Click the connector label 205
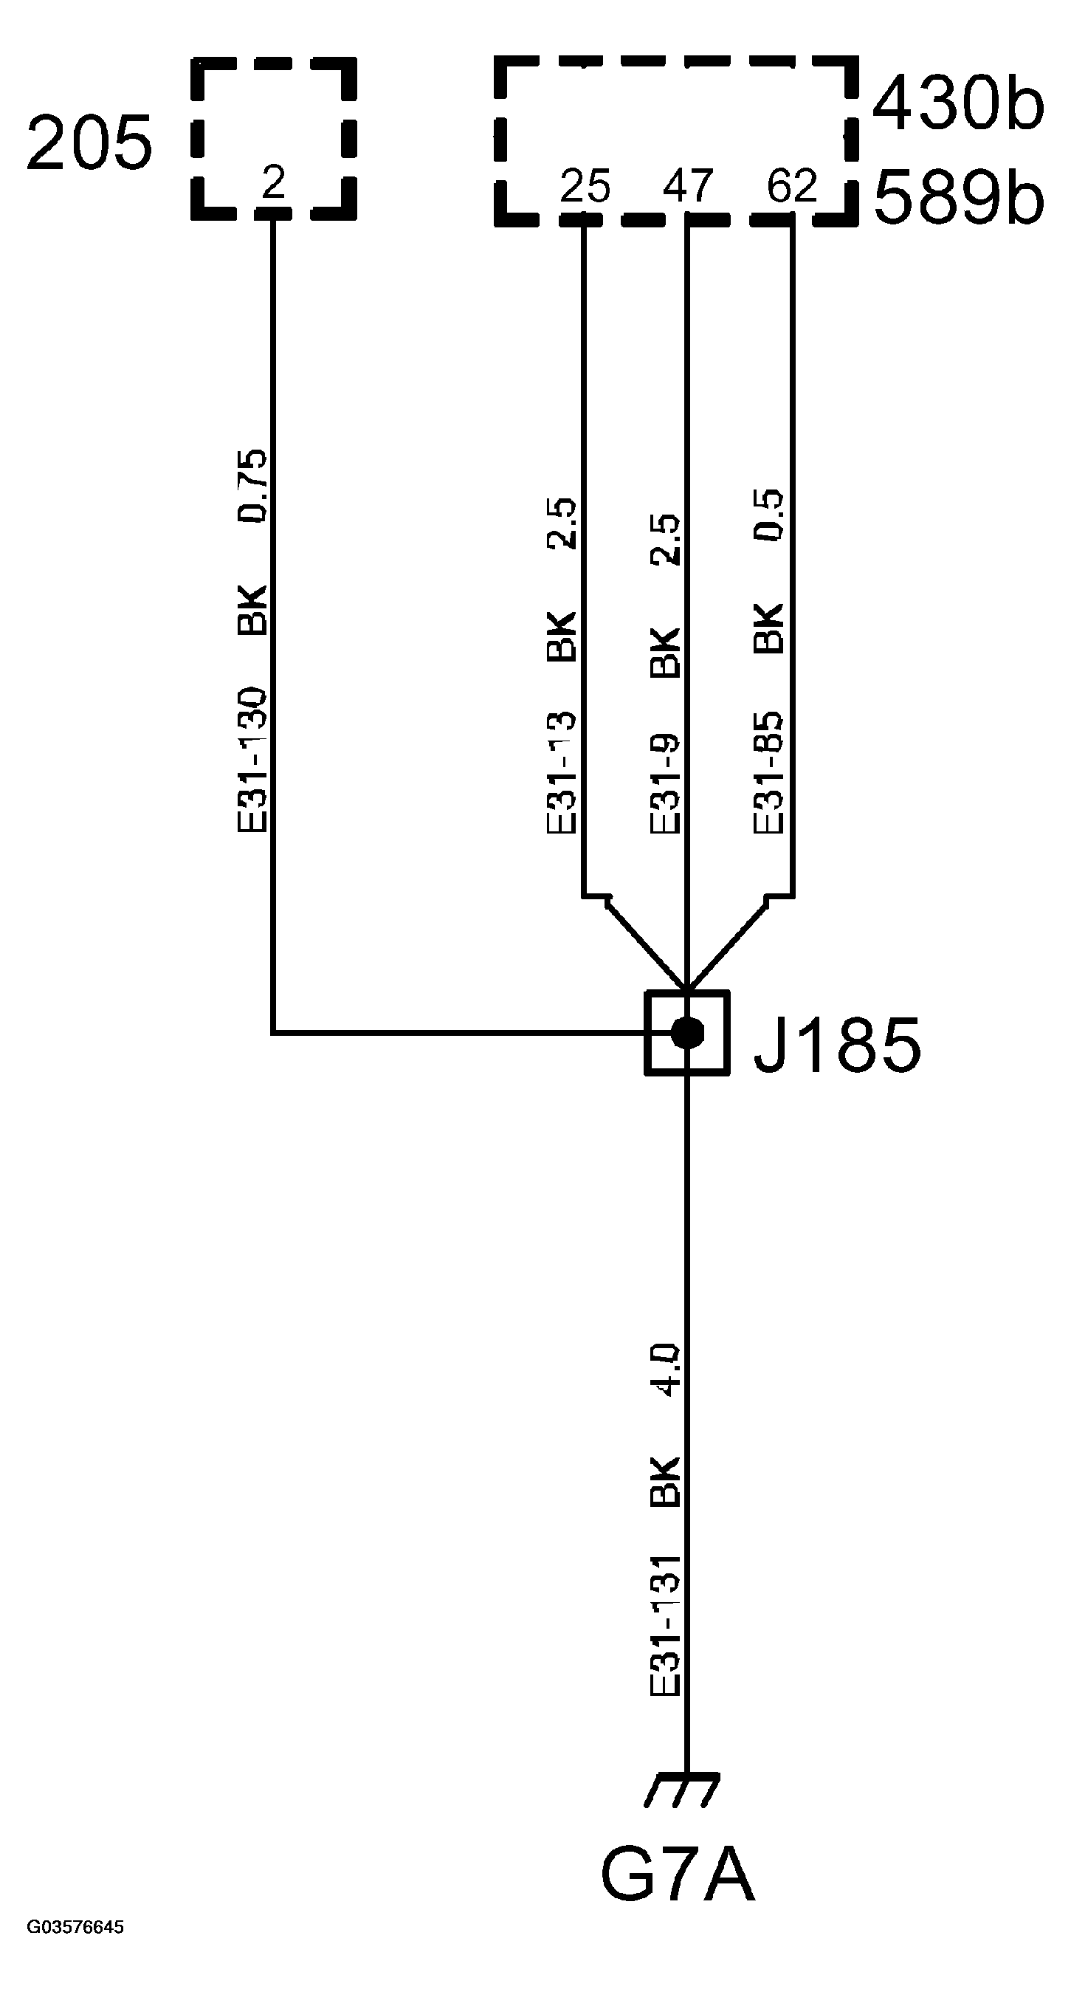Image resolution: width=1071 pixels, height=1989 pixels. (89, 144)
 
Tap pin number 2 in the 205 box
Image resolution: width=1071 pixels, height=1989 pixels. (273, 183)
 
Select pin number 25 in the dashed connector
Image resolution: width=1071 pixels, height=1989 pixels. (585, 187)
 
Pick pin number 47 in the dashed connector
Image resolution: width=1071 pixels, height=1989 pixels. (687, 187)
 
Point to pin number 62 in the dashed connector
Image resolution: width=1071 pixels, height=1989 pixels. (791, 187)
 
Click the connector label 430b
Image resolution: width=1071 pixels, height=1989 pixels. (957, 103)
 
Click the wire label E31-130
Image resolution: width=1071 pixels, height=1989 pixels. (252, 761)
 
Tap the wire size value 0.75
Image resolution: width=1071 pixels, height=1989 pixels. (252, 486)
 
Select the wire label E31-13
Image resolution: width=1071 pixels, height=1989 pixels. (562, 773)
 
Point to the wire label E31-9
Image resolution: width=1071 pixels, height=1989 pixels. (665, 783)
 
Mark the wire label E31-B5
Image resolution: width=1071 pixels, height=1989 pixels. (768, 773)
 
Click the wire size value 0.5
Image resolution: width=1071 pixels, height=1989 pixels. (768, 515)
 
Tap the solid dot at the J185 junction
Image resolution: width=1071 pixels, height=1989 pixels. (687, 1032)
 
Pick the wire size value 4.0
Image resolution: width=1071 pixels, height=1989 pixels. (665, 1370)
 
